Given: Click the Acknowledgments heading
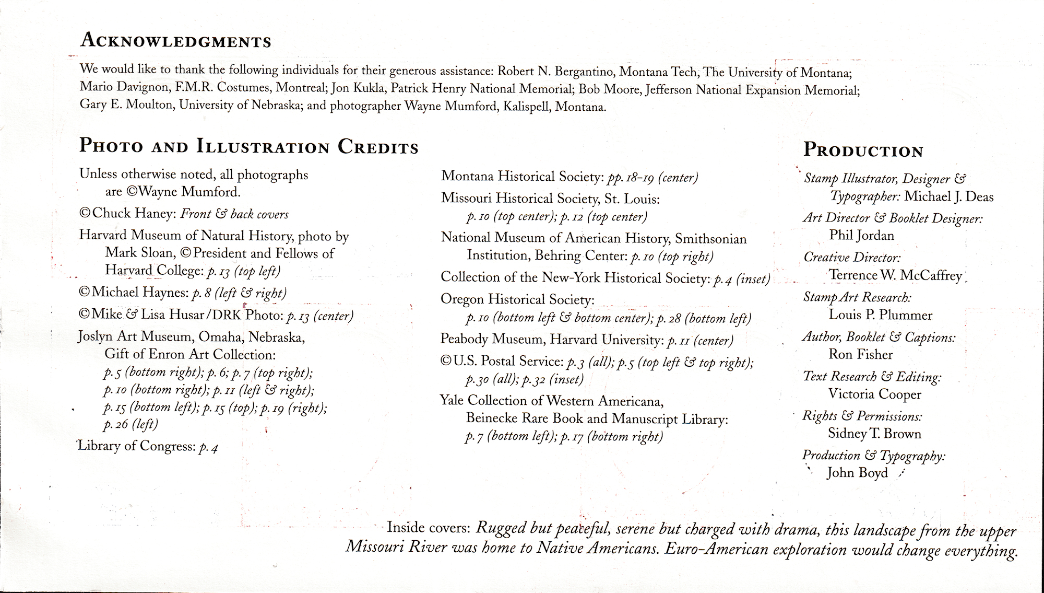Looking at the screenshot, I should click(175, 40).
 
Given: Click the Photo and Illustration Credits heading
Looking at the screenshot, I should click(248, 146).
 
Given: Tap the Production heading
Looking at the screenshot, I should click(863, 150).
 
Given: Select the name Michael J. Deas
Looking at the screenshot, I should click(948, 196).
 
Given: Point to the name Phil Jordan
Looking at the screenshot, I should click(861, 236).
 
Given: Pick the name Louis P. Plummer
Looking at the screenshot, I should click(880, 315).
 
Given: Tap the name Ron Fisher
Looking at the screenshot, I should click(860, 354).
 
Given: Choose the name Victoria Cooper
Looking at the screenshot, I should click(874, 394).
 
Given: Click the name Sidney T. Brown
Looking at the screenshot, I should click(874, 433).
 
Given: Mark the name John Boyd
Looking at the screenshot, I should click(857, 473).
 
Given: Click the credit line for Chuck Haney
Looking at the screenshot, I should click(183, 214).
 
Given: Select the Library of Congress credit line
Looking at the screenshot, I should click(148, 447).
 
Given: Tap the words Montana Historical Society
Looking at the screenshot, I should click(522, 176).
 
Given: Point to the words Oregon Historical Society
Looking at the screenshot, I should click(517, 299).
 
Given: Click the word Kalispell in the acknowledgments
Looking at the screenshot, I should click(526, 107).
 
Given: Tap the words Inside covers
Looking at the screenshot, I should click(428, 528).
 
